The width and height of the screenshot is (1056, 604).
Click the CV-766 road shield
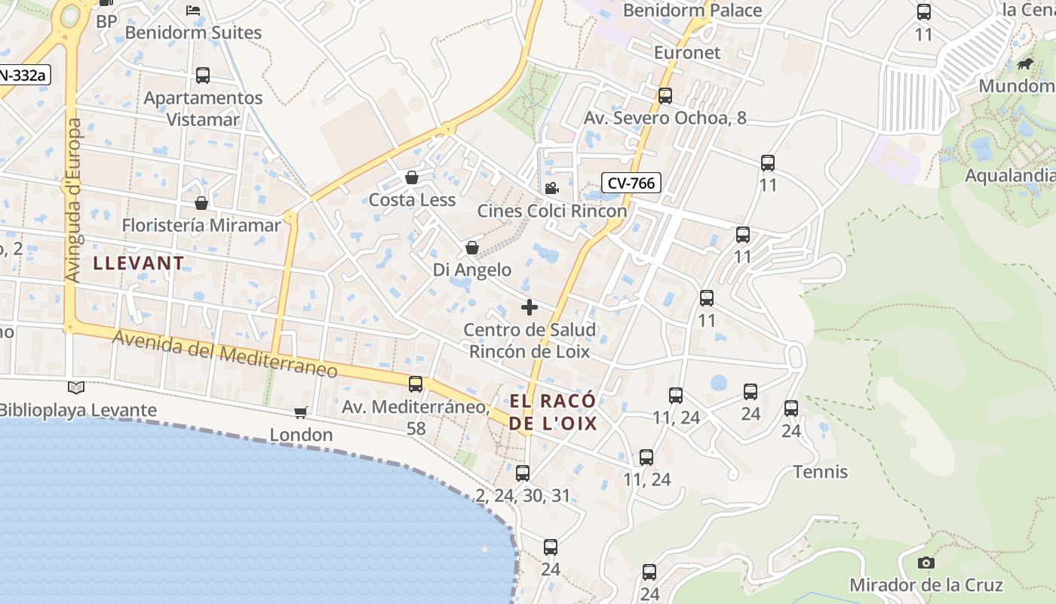coord(631,183)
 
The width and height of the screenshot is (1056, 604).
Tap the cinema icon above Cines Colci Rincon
coord(551,188)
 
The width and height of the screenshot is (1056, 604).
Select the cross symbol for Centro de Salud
coord(530,307)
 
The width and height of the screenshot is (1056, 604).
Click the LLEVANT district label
coord(139,263)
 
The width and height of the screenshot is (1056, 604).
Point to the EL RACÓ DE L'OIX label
coord(553,411)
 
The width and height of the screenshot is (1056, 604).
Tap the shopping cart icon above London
coord(301,412)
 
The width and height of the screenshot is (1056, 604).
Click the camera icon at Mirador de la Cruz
coord(926,562)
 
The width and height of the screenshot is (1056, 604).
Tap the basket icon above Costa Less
coord(412,178)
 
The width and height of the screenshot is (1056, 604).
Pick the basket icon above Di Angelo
coord(472,248)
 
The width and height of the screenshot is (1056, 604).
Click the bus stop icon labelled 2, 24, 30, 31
coord(523,473)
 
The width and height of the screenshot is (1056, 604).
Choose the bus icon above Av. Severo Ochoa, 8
coord(665,96)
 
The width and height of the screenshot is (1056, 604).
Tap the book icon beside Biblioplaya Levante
coord(76,388)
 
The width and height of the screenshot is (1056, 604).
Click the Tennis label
coord(821,472)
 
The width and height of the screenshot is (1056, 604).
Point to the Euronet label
coord(687,53)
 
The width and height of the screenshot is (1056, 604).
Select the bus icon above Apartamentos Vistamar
coord(203,75)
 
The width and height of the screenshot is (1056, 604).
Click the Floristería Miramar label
coord(201,225)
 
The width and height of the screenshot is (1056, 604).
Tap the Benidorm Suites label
coord(193,32)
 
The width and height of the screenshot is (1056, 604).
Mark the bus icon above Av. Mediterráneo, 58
coord(416,384)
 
